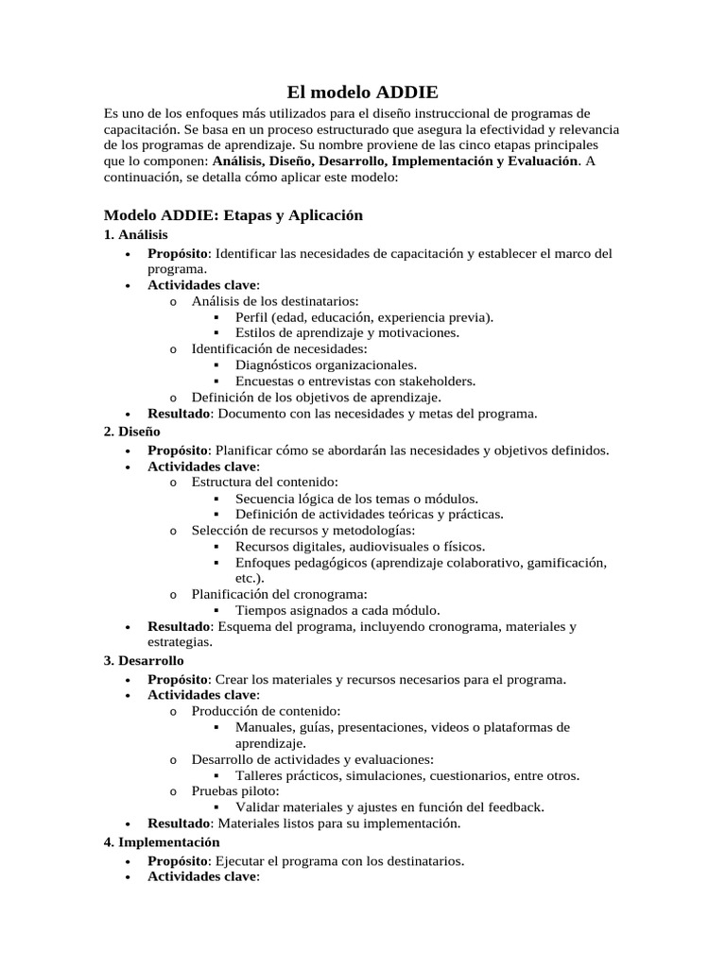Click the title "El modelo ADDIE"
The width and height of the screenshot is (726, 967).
(363, 93)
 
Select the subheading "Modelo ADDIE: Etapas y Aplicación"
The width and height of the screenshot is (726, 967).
(233, 215)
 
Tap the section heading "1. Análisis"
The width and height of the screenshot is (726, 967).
(135, 234)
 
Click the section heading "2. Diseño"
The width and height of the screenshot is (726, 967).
(132, 431)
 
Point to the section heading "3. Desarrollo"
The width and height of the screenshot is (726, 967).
(144, 660)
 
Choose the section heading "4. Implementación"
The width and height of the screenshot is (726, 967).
(162, 841)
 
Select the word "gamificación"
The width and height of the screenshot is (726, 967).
(562, 563)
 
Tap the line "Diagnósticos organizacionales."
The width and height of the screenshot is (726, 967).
(325, 365)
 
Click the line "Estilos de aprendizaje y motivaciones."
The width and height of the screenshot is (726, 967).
(347, 332)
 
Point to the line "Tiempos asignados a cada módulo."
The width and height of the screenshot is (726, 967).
(337, 610)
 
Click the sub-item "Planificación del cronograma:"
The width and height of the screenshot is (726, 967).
(279, 594)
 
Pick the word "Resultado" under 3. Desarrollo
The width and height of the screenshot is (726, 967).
(177, 823)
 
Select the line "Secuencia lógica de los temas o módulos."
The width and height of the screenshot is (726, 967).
(356, 498)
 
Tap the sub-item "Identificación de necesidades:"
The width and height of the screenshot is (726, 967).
(279, 348)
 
